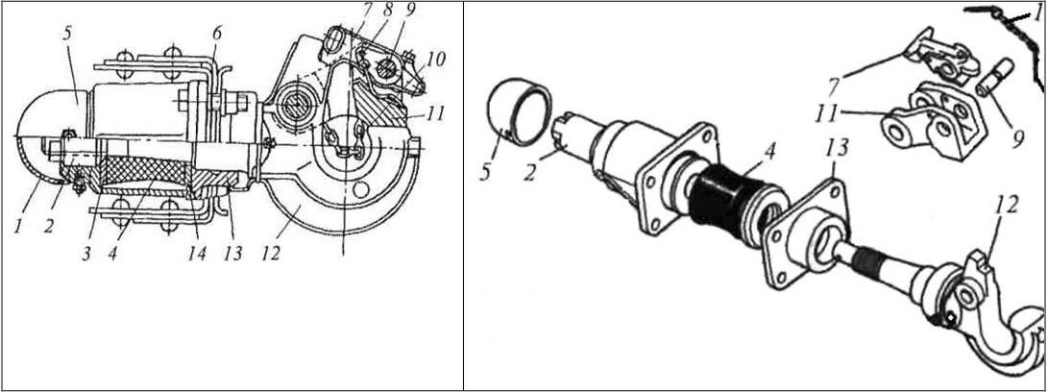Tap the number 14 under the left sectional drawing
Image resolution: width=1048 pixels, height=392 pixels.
pyautogui.click(x=198, y=256)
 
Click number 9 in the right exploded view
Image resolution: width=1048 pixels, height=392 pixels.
pyautogui.click(x=1017, y=140)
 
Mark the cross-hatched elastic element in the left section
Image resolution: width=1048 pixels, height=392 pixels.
pyautogui.click(x=146, y=175)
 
